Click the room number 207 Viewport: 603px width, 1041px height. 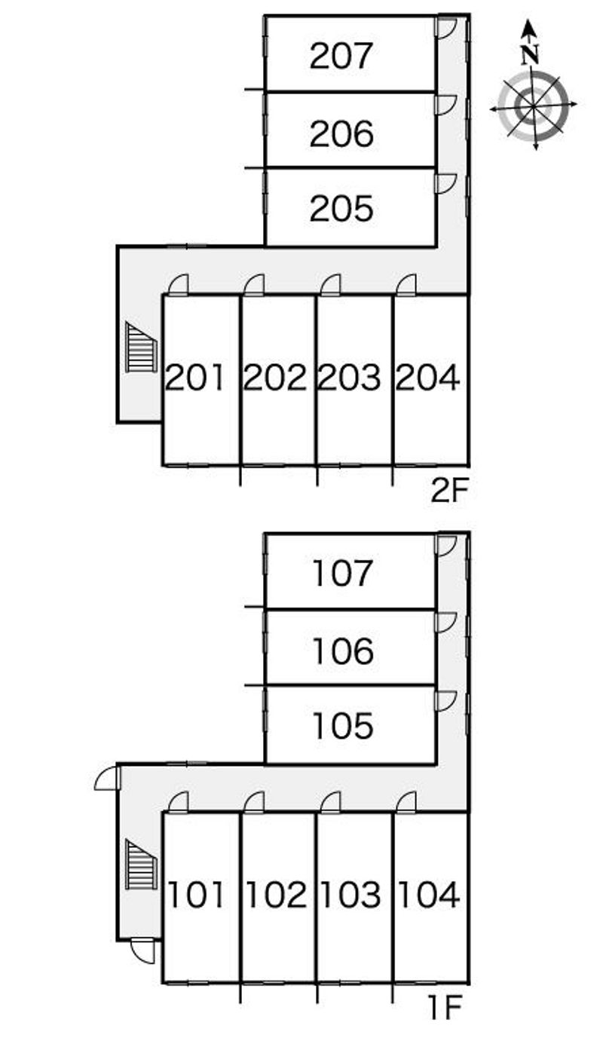341,57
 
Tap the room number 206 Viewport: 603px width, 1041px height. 341,133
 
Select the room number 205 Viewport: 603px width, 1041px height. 341,209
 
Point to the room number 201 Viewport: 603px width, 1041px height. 195,378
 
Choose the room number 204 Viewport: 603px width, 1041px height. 428,378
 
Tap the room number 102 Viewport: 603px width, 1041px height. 275,896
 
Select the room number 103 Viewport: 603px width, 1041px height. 350,896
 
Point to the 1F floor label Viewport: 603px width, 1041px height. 445,1009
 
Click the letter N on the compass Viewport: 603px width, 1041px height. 532,54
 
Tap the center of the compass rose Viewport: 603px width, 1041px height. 533,106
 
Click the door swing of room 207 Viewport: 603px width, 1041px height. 445,27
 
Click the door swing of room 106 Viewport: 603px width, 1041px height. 445,621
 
